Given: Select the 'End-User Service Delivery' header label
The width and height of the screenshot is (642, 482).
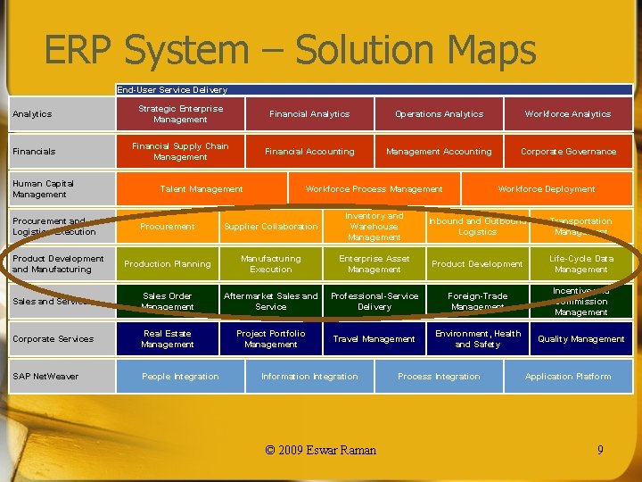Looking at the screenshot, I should click(172, 89).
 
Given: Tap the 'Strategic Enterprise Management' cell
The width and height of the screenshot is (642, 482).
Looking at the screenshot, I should click(180, 114).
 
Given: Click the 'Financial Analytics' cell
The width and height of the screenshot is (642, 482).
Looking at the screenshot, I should click(309, 114).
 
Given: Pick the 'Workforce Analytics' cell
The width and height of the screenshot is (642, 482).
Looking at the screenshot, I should click(568, 114).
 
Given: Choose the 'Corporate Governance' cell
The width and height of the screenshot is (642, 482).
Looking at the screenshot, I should click(568, 152).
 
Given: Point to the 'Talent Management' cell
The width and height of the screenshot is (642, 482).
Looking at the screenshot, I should click(201, 189).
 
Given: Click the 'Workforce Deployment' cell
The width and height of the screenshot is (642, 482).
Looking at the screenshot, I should click(546, 189).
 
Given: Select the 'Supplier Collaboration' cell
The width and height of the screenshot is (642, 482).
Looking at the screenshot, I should click(270, 227).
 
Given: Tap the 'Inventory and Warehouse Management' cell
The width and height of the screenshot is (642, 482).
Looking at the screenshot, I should click(374, 227).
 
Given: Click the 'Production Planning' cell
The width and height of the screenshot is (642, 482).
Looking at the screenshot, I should click(168, 264).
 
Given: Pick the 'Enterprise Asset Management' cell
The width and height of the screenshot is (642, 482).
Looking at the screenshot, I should click(374, 264).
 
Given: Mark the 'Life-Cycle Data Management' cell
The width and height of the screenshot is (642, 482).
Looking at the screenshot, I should click(580, 264).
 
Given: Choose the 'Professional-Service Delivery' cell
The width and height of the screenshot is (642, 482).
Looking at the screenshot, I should click(374, 302).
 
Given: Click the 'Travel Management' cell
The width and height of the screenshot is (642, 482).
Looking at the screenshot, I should click(374, 339).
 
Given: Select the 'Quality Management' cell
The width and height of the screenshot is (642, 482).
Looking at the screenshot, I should click(580, 339).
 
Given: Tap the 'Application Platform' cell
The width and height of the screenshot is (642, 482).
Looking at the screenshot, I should click(568, 377).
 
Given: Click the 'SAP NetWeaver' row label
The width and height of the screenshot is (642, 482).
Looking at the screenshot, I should click(45, 377).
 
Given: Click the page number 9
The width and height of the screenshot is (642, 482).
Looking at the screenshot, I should click(600, 450).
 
